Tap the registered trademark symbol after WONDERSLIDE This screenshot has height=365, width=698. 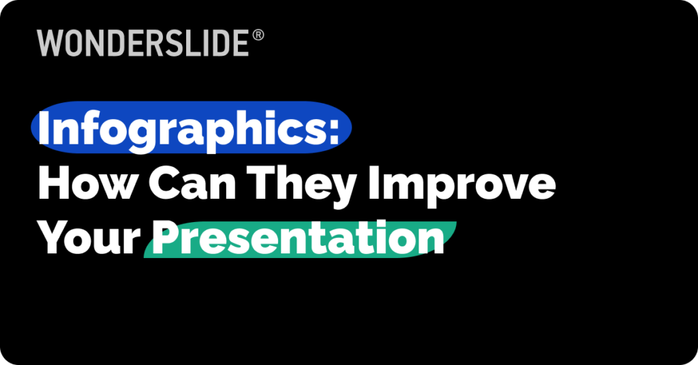[x=258, y=35]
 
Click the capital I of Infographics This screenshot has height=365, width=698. [x=44, y=129]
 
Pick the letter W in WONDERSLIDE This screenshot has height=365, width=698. [x=50, y=44]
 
